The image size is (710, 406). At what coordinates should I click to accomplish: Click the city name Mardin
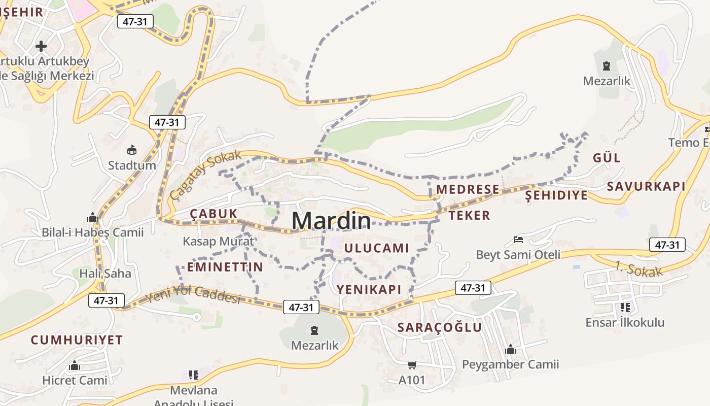click(331, 221)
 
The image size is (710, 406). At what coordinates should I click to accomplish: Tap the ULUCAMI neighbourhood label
click(376, 248)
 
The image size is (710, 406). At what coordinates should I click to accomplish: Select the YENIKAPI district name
click(369, 290)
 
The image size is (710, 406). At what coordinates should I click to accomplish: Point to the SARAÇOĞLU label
click(439, 327)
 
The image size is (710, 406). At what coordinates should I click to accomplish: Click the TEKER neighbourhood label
click(469, 216)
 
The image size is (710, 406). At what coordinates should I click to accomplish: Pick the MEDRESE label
click(468, 189)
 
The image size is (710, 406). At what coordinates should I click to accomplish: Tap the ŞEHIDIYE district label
click(556, 195)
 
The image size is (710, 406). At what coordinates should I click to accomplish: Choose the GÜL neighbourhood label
click(607, 158)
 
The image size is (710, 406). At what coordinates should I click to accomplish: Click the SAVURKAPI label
click(646, 186)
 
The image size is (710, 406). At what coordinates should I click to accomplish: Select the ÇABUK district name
click(214, 214)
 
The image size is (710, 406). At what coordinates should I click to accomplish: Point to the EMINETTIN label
click(225, 267)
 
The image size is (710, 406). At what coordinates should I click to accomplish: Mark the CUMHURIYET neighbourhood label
click(77, 340)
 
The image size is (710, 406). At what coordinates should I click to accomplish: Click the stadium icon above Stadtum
click(132, 150)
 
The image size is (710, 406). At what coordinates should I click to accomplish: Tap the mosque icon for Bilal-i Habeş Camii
click(92, 218)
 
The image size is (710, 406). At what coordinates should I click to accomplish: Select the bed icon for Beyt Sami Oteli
click(518, 239)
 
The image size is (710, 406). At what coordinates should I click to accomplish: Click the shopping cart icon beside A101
click(412, 365)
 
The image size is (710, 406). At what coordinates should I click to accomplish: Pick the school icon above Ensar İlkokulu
click(625, 307)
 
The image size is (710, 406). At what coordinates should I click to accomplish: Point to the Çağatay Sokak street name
click(206, 175)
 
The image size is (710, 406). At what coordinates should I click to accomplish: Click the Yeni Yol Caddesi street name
click(192, 294)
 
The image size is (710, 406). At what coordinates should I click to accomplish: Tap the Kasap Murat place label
click(218, 241)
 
